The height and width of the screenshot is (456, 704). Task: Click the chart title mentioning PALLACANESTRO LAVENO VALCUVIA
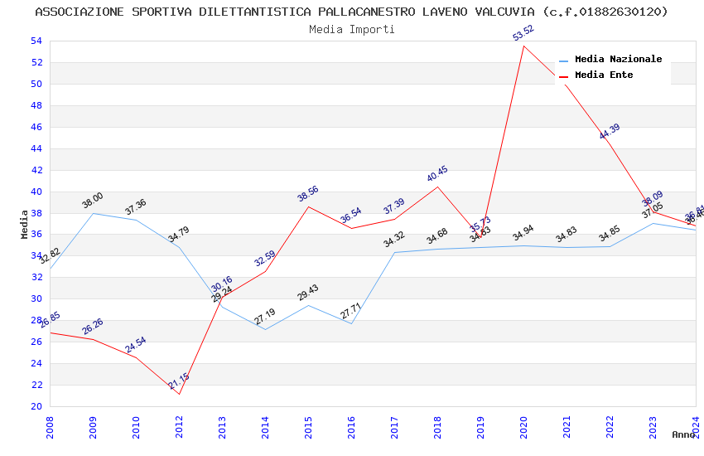coord(352,12)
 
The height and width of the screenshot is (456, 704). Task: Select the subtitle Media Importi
coord(352,29)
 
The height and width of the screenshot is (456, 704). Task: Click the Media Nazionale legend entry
coord(618,60)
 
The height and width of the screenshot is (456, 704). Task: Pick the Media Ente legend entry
coord(604,75)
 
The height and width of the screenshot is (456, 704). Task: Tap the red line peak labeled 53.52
coord(523,46)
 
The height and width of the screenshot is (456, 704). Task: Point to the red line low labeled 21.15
coord(180,394)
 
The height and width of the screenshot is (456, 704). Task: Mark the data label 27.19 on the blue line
coord(265,317)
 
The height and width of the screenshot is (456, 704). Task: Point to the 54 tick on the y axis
coord(36,41)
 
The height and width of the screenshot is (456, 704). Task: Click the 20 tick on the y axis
coord(36,406)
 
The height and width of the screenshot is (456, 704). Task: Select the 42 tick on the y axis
coord(36,170)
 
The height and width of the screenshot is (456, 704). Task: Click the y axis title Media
coord(25,224)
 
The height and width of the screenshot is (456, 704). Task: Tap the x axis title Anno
coord(683,434)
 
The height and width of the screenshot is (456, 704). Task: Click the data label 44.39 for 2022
coord(610,131)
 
